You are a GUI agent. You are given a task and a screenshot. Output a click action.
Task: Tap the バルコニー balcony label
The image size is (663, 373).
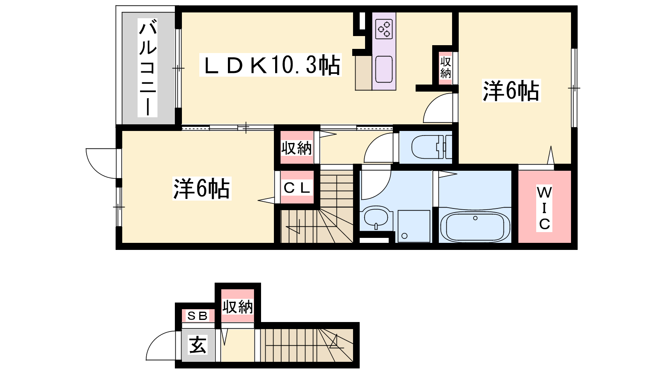pos(148,68)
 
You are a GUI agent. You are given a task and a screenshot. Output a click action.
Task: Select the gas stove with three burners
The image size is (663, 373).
pos(384,29)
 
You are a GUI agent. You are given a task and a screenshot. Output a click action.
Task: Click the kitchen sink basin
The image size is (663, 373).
pos(384,70)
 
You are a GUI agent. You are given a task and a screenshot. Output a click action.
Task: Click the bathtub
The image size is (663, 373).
pos(475,226)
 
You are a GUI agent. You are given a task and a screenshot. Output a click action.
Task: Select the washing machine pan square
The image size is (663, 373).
pos(414,226)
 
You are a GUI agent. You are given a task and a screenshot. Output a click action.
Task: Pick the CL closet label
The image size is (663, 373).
pos(297,188)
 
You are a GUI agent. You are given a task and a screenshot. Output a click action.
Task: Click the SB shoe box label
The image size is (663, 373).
pos(197,316)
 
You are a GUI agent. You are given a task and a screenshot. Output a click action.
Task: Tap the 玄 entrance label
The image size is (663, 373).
pos(197,345)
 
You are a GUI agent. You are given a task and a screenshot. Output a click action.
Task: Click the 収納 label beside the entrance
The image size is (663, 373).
pos(238,307)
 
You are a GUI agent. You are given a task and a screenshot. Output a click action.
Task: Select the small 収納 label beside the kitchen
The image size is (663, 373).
pos(445,68)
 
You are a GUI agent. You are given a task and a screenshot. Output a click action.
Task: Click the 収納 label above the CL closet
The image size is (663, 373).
pos(297,148)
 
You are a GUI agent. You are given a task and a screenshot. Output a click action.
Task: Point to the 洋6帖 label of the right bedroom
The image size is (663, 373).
pos(511,91)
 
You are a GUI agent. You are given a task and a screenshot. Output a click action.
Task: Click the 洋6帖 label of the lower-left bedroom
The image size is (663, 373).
pos(201,189)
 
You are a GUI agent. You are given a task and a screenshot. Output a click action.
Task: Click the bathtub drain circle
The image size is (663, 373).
pos(475,218)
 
